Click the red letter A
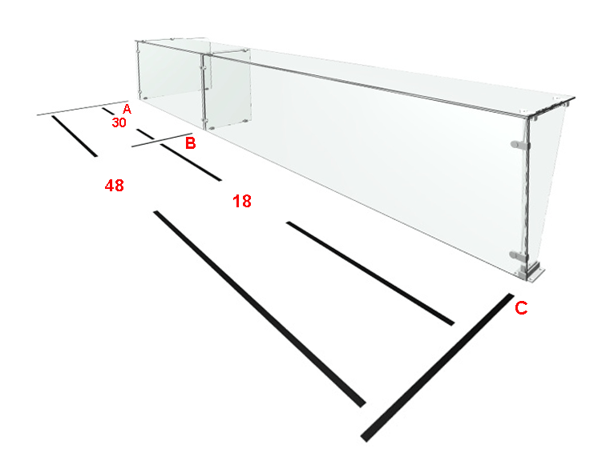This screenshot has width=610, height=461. [127, 109]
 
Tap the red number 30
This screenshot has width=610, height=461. [119, 122]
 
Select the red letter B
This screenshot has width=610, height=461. [190, 143]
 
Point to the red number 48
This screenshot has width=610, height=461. [115, 186]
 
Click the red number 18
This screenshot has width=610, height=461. [242, 201]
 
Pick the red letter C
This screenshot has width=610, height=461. [521, 307]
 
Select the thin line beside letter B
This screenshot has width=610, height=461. [162, 140]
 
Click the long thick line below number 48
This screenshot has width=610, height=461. [260, 309]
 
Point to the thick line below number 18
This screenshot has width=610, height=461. [370, 274]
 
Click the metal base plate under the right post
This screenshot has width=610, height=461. [531, 272]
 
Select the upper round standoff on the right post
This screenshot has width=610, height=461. [519, 145]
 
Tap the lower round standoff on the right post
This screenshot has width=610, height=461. [519, 255]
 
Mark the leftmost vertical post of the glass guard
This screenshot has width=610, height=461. [139, 69]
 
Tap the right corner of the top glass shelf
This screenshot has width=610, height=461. [574, 98]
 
